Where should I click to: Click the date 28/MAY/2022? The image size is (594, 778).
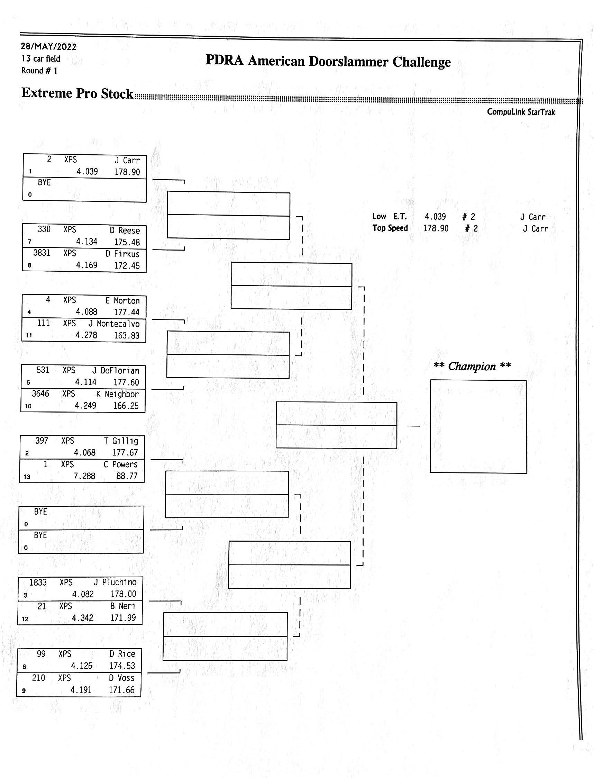pos(48,47)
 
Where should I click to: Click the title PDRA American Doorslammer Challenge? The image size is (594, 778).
pos(328,61)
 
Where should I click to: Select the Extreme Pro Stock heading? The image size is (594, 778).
pos(77,93)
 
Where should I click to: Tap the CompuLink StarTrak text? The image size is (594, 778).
pos(520,112)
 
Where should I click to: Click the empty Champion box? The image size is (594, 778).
pos(478,426)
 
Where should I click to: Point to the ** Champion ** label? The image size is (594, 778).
pos(472,367)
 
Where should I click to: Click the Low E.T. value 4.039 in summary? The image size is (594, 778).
pos(435,216)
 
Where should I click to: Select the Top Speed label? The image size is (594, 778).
pos(390,228)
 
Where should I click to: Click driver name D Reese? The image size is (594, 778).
pos(125,230)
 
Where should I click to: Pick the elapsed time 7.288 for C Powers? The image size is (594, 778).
pos(84,476)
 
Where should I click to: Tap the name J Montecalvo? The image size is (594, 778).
pos(114,324)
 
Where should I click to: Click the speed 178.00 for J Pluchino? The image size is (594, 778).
pos(123,594)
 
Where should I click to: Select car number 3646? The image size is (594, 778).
pos(40,393)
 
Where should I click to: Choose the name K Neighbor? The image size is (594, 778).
pos(117,394)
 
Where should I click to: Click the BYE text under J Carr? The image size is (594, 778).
pos(44,182)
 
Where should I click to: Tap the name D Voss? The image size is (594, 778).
pos(121,678)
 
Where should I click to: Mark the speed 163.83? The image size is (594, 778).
pos(127,335)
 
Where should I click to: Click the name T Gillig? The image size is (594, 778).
pos(121,441)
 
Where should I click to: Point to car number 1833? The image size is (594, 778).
pos(37,582)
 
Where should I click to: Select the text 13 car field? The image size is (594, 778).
pos(41,59)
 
